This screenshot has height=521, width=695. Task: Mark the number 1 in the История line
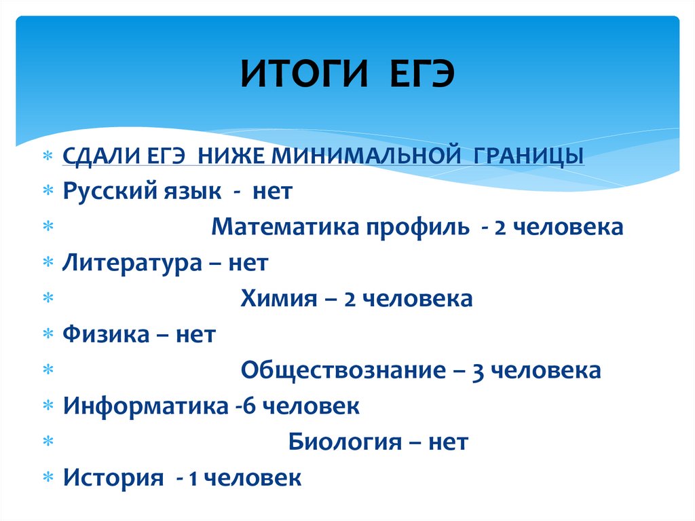click(193, 478)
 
